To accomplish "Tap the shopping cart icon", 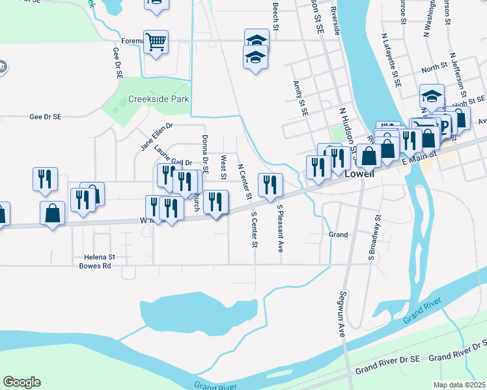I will pyautogui.click(x=156, y=43).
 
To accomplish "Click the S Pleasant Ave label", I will pyautogui.click(x=281, y=228).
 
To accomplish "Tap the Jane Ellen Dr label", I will pyautogui.click(x=157, y=137).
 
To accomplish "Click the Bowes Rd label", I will pyautogui.click(x=95, y=266).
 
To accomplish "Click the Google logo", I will pyautogui.click(x=21, y=382).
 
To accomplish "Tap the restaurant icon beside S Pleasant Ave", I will pyautogui.click(x=270, y=185).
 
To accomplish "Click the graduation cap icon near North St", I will pyautogui.click(x=431, y=96).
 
